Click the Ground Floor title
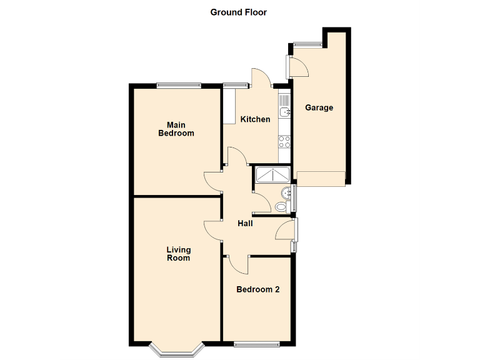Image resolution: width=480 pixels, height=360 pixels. (x=238, y=12)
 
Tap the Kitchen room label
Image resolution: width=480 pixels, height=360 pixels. (x=256, y=119)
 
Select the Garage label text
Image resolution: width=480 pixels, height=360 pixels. (x=319, y=107)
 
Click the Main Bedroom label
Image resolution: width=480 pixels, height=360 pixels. (x=176, y=129)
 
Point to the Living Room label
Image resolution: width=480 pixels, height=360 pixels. (x=178, y=254)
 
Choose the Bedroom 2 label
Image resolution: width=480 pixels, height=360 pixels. (x=257, y=289)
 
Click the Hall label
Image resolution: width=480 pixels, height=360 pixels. (x=245, y=223)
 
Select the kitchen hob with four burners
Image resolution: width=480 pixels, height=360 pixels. (x=284, y=142)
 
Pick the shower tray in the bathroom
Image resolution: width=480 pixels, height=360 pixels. (x=271, y=176)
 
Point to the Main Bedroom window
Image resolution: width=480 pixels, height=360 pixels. (x=178, y=86)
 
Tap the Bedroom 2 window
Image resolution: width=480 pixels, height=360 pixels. (x=257, y=344)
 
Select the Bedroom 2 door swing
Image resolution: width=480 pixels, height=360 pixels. (x=237, y=264)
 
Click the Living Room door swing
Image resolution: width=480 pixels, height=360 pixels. (x=213, y=231)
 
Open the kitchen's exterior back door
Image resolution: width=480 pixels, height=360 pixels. (x=261, y=78)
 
